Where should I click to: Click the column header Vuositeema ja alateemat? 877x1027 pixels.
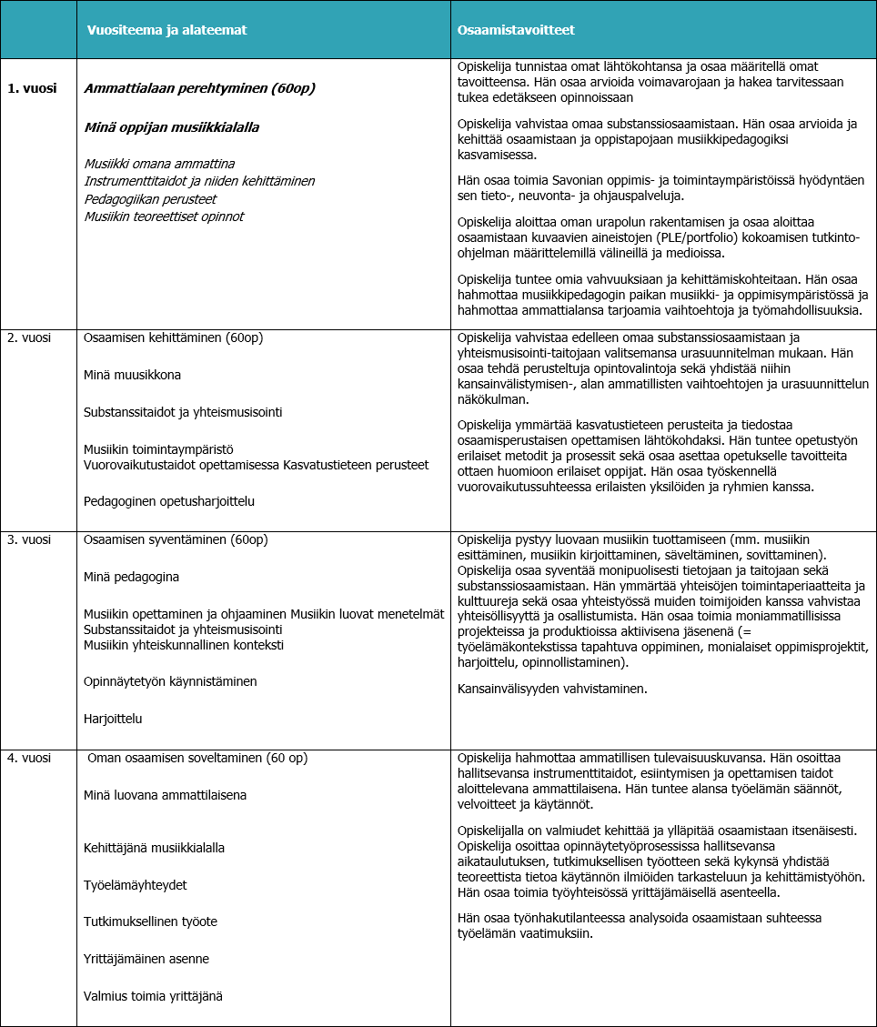point(166,30)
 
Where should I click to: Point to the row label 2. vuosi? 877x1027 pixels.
point(30,337)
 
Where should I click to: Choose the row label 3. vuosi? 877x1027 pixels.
point(30,539)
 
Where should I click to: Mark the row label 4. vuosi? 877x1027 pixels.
point(30,758)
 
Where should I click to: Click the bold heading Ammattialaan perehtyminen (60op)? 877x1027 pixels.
point(199,88)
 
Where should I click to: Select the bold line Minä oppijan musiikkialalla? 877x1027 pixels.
point(171,127)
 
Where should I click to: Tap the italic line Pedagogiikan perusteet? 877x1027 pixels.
point(150,198)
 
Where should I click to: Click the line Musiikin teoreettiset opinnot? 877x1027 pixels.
point(164,216)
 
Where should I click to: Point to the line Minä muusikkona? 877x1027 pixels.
point(133,375)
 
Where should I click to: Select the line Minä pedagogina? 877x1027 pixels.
point(131,577)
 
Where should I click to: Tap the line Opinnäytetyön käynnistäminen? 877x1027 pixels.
point(170,681)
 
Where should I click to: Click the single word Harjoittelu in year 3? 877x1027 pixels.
point(113,719)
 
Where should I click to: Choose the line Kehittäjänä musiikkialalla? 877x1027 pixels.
point(154,848)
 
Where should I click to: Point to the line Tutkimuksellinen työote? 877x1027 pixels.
point(150,921)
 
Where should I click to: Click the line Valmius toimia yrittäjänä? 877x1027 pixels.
point(153,995)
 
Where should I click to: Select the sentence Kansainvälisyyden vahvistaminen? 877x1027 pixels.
point(552,689)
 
